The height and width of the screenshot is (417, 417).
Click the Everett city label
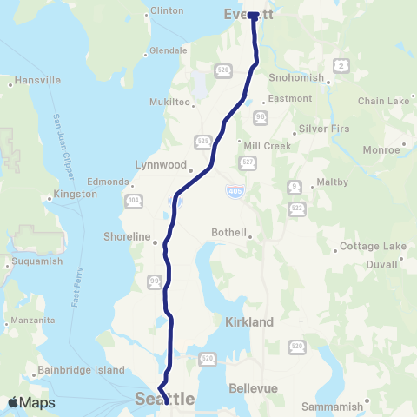click(248, 15)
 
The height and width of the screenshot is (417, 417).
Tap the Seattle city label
click(165, 399)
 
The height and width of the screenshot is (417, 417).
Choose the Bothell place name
click(230, 233)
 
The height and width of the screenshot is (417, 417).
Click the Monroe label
click(382, 149)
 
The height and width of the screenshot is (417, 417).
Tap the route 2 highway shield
click(343, 65)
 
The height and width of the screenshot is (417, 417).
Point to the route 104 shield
click(133, 201)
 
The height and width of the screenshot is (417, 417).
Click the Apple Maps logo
click(31, 402)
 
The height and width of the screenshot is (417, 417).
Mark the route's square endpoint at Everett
click(252, 16)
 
